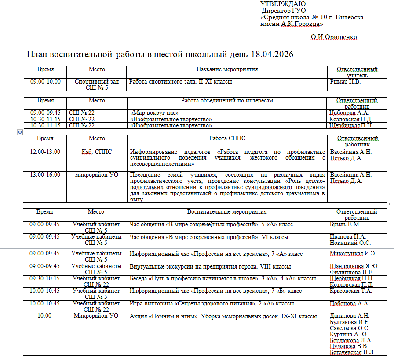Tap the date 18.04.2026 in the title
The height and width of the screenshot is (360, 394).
point(272,55)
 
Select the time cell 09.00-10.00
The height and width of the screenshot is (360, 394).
point(45,82)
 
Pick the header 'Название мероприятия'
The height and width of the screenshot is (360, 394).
point(227,69)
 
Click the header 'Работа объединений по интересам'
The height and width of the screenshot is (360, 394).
point(227,101)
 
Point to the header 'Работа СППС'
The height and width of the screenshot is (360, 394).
point(227,138)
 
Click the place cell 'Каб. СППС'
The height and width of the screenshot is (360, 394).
point(97,152)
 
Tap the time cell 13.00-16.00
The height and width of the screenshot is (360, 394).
point(45,175)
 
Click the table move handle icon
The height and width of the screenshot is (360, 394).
point(20,132)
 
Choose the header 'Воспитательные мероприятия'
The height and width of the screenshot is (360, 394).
point(227,212)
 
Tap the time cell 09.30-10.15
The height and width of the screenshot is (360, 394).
point(45,279)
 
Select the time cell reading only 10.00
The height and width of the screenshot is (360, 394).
point(45,316)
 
